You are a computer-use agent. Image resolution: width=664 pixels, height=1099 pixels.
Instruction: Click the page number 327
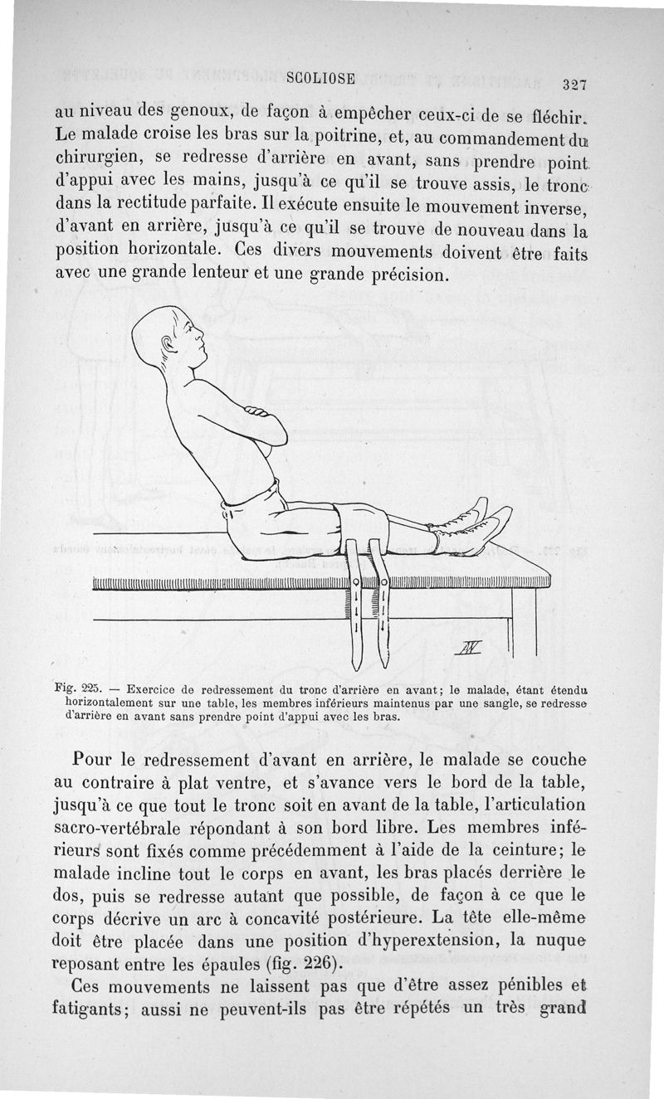coord(574,84)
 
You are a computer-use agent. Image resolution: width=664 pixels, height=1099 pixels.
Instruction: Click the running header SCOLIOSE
coord(320,79)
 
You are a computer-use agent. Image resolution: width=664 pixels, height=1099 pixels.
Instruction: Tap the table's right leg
coord(523,622)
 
